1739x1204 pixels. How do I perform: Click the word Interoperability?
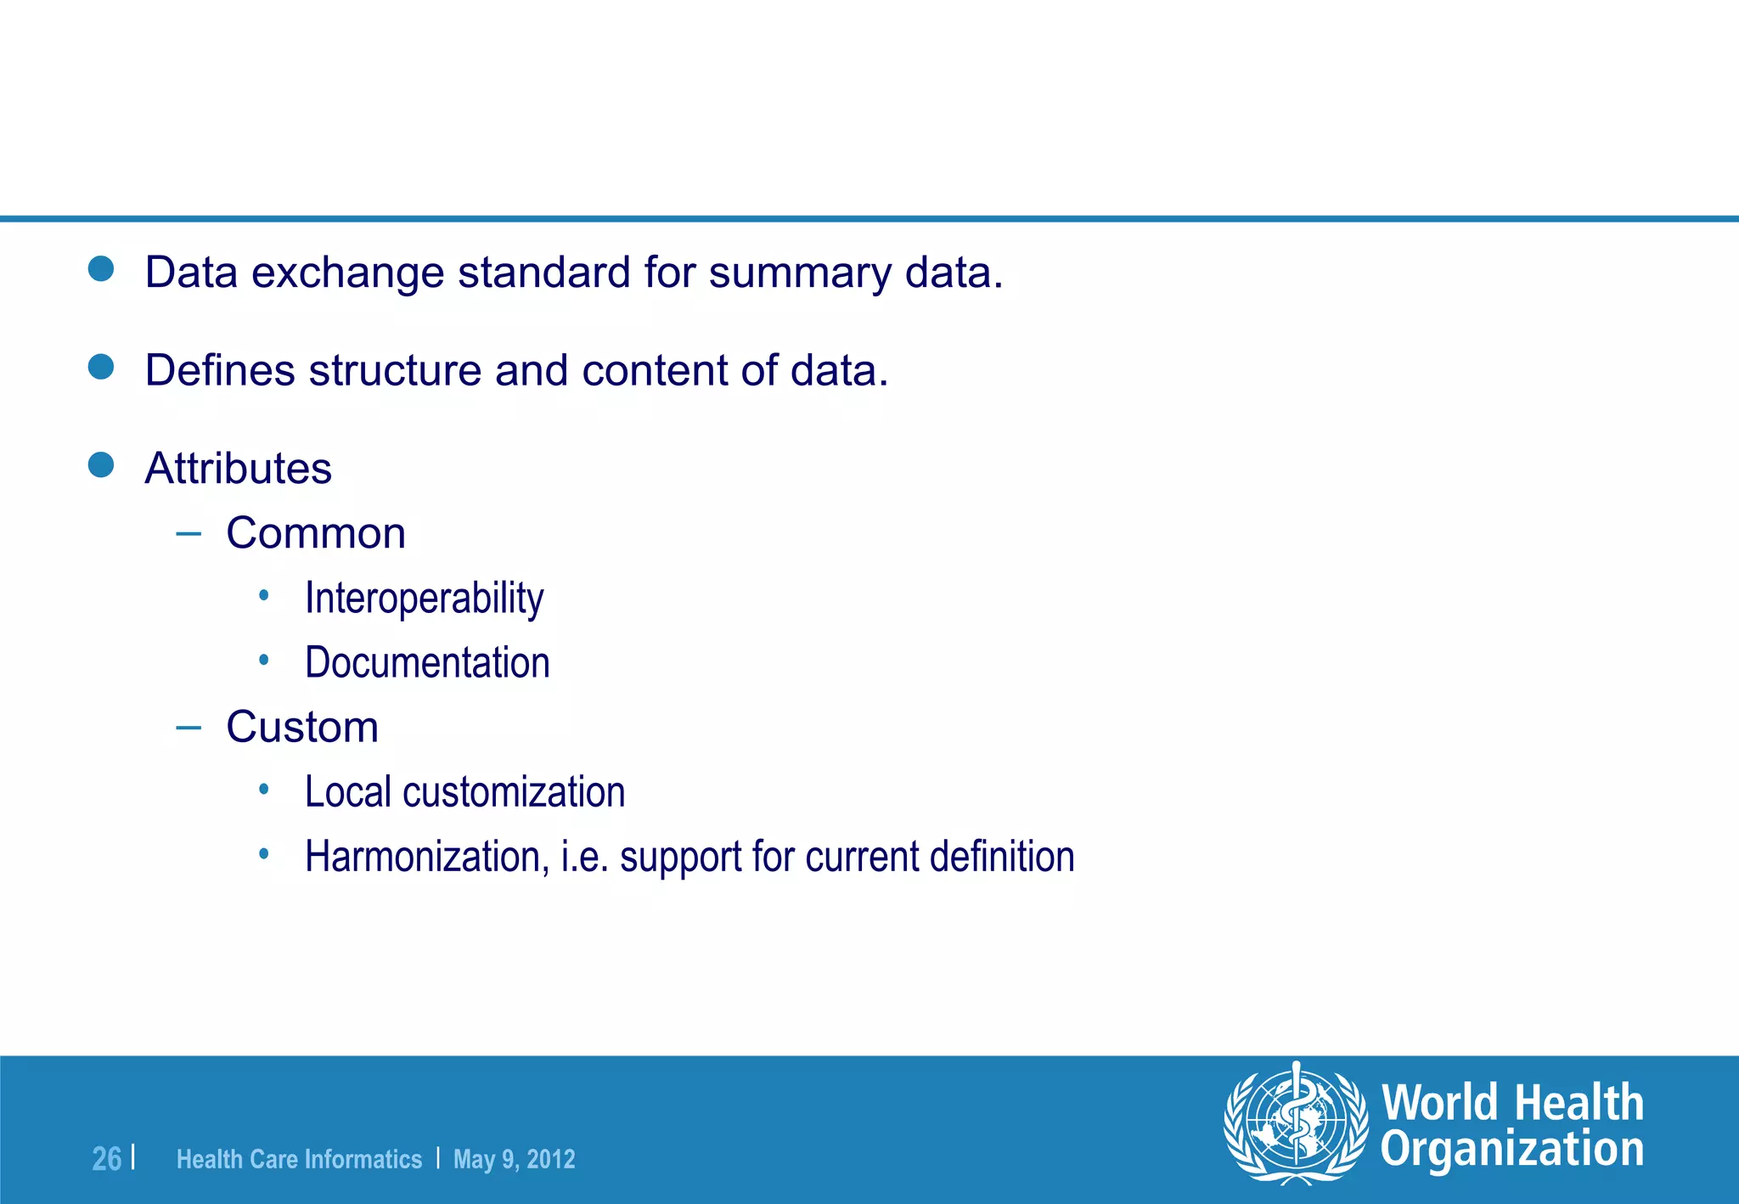coord(424,599)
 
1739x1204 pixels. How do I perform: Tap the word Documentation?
coord(427,663)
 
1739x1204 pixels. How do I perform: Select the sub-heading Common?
coord(316,534)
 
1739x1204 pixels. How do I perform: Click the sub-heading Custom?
coord(302,728)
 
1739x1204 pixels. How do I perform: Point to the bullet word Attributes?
coord(238,469)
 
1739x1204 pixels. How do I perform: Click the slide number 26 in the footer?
coord(107,1159)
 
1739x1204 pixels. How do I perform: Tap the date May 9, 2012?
coord(514,1159)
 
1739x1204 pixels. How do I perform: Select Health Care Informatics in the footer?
coord(299,1159)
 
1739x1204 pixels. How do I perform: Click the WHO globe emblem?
coord(1296,1122)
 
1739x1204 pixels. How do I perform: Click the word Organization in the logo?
coord(1511,1150)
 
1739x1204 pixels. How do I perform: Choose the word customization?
coord(514,792)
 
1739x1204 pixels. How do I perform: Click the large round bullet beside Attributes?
coord(101,465)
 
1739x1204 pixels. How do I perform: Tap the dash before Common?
coord(189,534)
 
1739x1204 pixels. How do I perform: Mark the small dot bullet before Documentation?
coord(264,660)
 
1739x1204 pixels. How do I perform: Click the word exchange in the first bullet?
coord(347,273)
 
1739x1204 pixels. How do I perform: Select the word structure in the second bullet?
coord(396,371)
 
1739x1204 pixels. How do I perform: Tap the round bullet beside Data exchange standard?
coord(101,269)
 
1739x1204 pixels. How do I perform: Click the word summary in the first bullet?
coord(800,273)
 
